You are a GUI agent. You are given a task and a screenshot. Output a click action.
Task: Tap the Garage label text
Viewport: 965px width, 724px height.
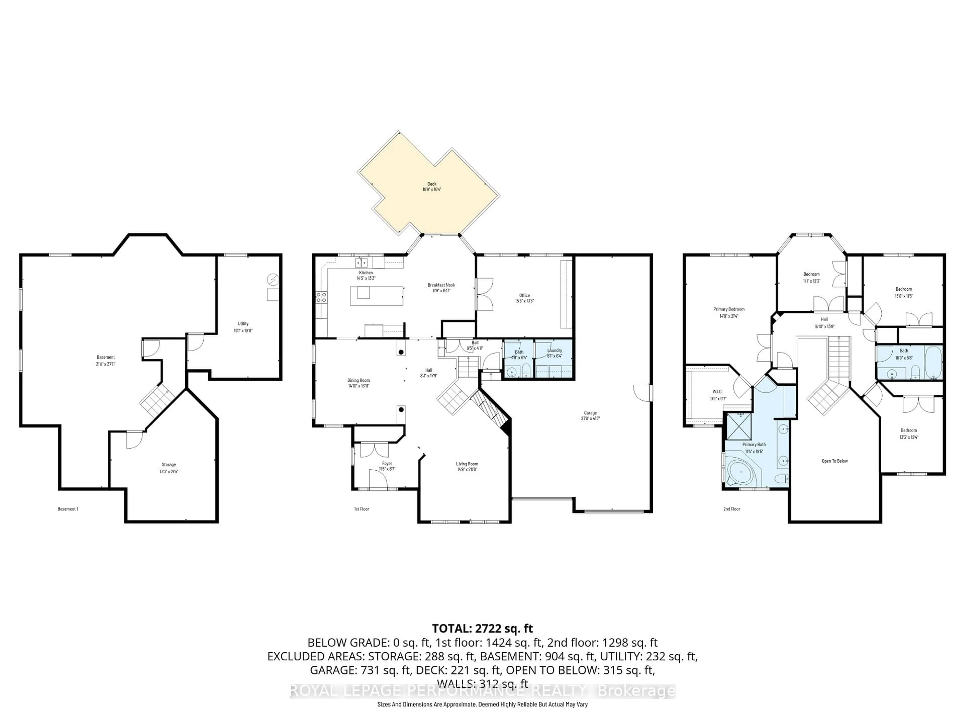[x=590, y=413]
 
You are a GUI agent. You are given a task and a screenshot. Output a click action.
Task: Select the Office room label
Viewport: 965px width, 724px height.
[x=524, y=295]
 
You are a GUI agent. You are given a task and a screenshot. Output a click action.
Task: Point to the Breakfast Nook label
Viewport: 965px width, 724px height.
[x=441, y=285]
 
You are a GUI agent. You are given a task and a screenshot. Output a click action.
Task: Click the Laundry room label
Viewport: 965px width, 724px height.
[x=554, y=350]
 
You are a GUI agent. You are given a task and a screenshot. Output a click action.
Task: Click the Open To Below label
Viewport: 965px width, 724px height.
[x=835, y=461]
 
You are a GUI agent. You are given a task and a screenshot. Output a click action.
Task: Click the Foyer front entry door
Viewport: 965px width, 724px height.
[x=378, y=479]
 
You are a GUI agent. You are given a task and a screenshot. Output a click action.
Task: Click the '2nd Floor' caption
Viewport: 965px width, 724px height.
[x=732, y=509]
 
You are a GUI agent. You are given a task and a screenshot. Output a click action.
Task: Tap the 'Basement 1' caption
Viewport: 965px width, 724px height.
[x=68, y=509]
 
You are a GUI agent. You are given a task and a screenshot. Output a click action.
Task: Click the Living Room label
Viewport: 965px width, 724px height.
[x=467, y=464]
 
